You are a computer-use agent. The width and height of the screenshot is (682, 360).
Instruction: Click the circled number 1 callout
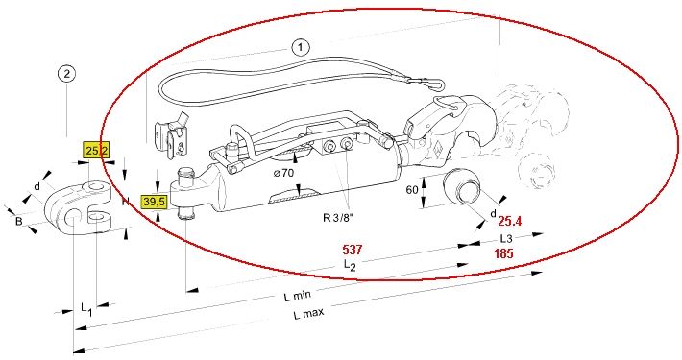(301, 47)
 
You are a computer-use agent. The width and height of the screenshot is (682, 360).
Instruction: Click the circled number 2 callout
(66, 74)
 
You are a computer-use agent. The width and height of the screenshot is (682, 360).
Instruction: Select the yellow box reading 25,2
(96, 151)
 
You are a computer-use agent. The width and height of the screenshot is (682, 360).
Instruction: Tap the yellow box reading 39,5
(154, 202)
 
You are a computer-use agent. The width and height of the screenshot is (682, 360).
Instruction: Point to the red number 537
(353, 250)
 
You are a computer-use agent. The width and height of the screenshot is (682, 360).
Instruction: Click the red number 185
(503, 253)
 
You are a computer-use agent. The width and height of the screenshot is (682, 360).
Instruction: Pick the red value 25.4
(510, 222)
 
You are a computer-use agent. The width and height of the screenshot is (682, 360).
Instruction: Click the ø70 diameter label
(283, 173)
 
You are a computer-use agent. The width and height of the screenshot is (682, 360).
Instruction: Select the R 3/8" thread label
(338, 217)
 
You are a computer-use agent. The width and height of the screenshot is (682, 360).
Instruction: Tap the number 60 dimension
(412, 190)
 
